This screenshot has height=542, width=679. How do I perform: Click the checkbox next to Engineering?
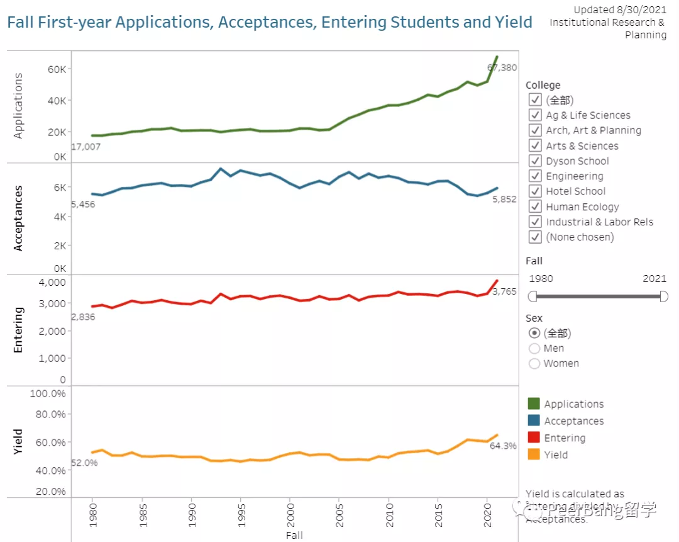pyautogui.click(x=535, y=176)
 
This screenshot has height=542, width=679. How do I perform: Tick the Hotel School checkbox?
pyautogui.click(x=535, y=191)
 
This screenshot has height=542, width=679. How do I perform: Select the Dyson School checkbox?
pyautogui.click(x=535, y=161)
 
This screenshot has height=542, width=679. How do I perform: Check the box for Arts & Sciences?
pyautogui.click(x=535, y=146)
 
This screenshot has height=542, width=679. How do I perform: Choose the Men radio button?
pyautogui.click(x=534, y=348)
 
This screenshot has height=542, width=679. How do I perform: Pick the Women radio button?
pyautogui.click(x=534, y=363)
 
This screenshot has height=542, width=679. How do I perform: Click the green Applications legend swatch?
pyautogui.click(x=534, y=404)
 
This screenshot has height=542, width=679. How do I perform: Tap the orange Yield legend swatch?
pyautogui.click(x=534, y=454)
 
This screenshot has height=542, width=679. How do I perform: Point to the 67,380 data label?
pyautogui.click(x=502, y=67)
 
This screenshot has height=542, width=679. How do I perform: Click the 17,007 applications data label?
pyautogui.click(x=86, y=147)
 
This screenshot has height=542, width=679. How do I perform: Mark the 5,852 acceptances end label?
pyautogui.click(x=504, y=199)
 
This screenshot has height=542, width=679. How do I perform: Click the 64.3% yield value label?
pyautogui.click(x=504, y=446)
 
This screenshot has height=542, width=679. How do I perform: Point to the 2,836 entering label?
pyautogui.click(x=83, y=317)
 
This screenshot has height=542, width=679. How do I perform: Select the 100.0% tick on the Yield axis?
pyautogui.click(x=48, y=393)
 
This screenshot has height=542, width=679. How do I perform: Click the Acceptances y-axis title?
pyautogui.click(x=18, y=218)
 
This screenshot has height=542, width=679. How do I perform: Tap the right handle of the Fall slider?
pyautogui.click(x=664, y=296)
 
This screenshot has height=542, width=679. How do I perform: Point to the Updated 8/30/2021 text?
pyautogui.click(x=620, y=10)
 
